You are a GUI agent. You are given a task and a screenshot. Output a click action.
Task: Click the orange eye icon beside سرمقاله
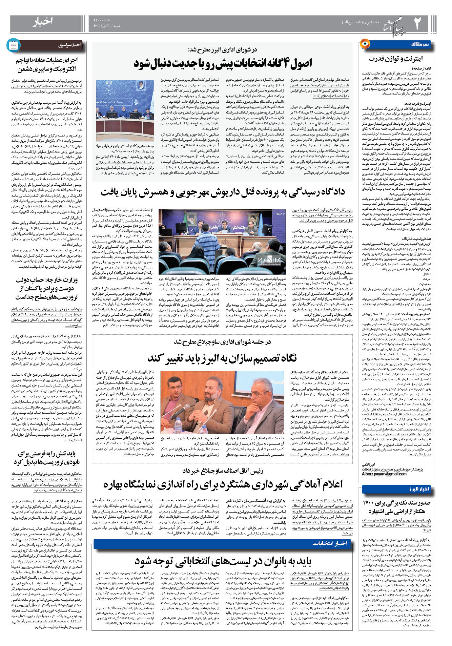click(364, 44)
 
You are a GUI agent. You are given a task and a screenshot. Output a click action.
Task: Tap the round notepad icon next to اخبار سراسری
click(13, 45)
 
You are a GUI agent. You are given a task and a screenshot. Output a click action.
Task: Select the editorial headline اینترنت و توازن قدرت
click(395, 59)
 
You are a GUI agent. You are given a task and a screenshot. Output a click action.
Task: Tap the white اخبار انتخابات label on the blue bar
click(329, 543)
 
